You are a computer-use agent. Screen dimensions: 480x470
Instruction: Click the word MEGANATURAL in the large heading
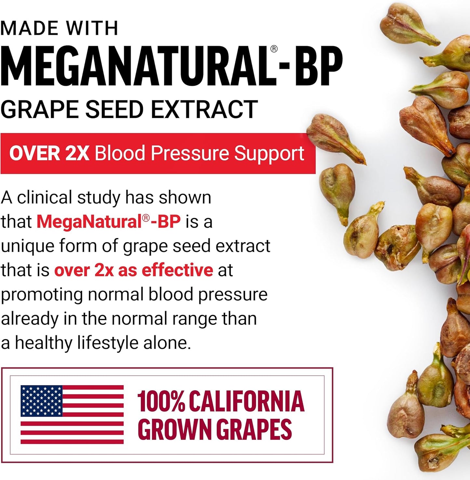137,67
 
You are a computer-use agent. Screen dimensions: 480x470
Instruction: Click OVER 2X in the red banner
49,153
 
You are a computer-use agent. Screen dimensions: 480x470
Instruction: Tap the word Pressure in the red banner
190,153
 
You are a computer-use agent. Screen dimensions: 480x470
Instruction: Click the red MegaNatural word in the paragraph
89,222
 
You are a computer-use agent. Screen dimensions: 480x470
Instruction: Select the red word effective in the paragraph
177,270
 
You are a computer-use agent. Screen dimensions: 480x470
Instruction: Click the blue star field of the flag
41,401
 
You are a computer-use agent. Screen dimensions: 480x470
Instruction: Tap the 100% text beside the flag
161,401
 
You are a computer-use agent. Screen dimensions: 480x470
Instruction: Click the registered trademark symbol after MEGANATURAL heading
274,49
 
